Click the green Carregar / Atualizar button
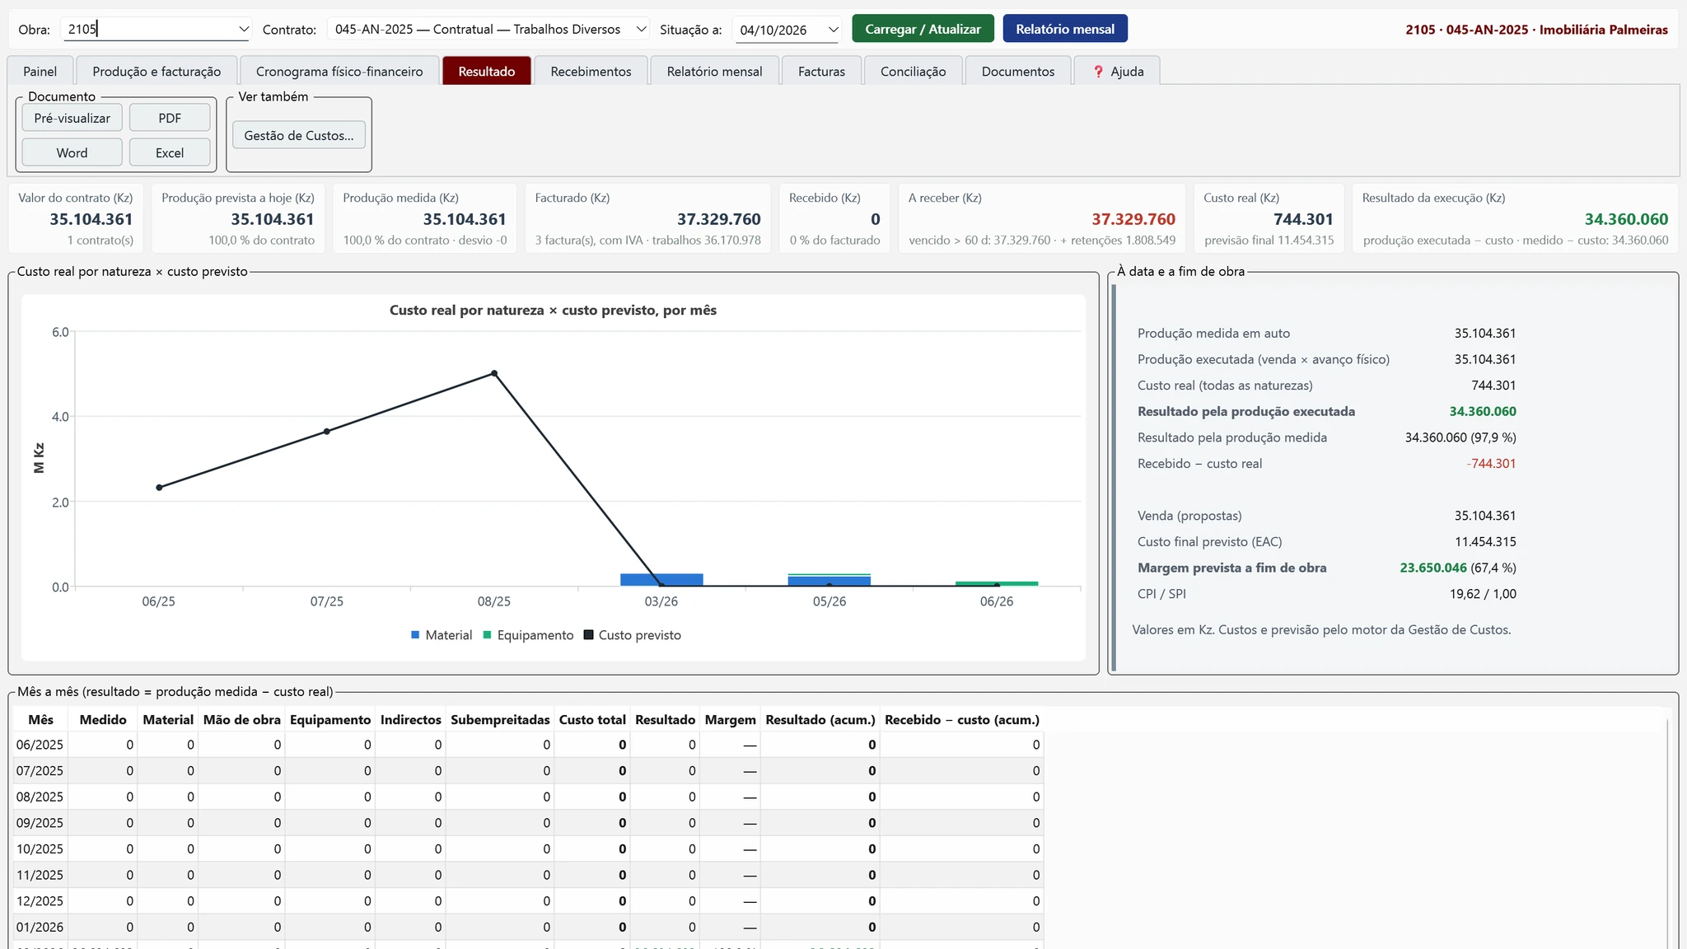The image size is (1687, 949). click(923, 29)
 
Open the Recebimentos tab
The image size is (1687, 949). click(591, 71)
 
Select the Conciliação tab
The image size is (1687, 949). click(913, 71)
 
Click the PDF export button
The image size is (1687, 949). click(170, 118)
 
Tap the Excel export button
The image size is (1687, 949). click(170, 152)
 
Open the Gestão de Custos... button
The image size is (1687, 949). click(299, 135)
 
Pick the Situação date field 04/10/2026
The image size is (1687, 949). click(787, 30)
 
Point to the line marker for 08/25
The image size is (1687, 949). click(494, 373)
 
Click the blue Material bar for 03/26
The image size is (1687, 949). click(661, 580)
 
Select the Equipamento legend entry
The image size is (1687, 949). click(528, 635)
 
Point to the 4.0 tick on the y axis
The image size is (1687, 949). click(61, 417)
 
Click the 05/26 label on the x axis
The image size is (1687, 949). click(829, 601)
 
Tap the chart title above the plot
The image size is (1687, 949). click(553, 311)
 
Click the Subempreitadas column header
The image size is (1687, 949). click(500, 720)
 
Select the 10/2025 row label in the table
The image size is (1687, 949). click(40, 848)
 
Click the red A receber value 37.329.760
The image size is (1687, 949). click(1133, 219)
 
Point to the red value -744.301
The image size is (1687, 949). click(1491, 464)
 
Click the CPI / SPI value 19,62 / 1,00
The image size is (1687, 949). click(1483, 594)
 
